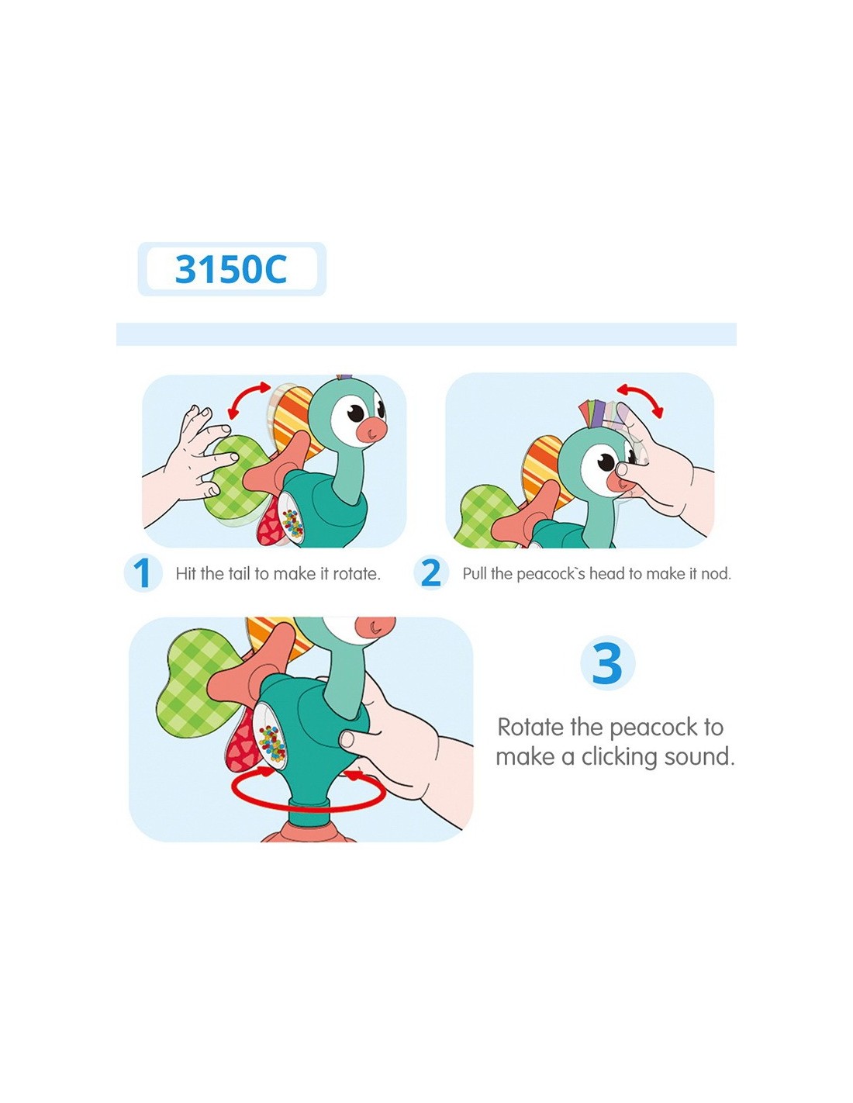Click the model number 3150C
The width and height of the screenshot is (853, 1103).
point(231,268)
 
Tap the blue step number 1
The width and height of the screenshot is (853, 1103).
point(143,573)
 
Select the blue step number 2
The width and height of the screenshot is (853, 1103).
point(431,573)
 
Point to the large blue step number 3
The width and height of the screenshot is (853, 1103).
point(607,663)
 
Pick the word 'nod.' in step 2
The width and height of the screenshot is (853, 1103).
point(716,573)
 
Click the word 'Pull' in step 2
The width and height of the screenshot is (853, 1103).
point(475,573)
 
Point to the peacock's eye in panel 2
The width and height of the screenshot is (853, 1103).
point(606,462)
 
